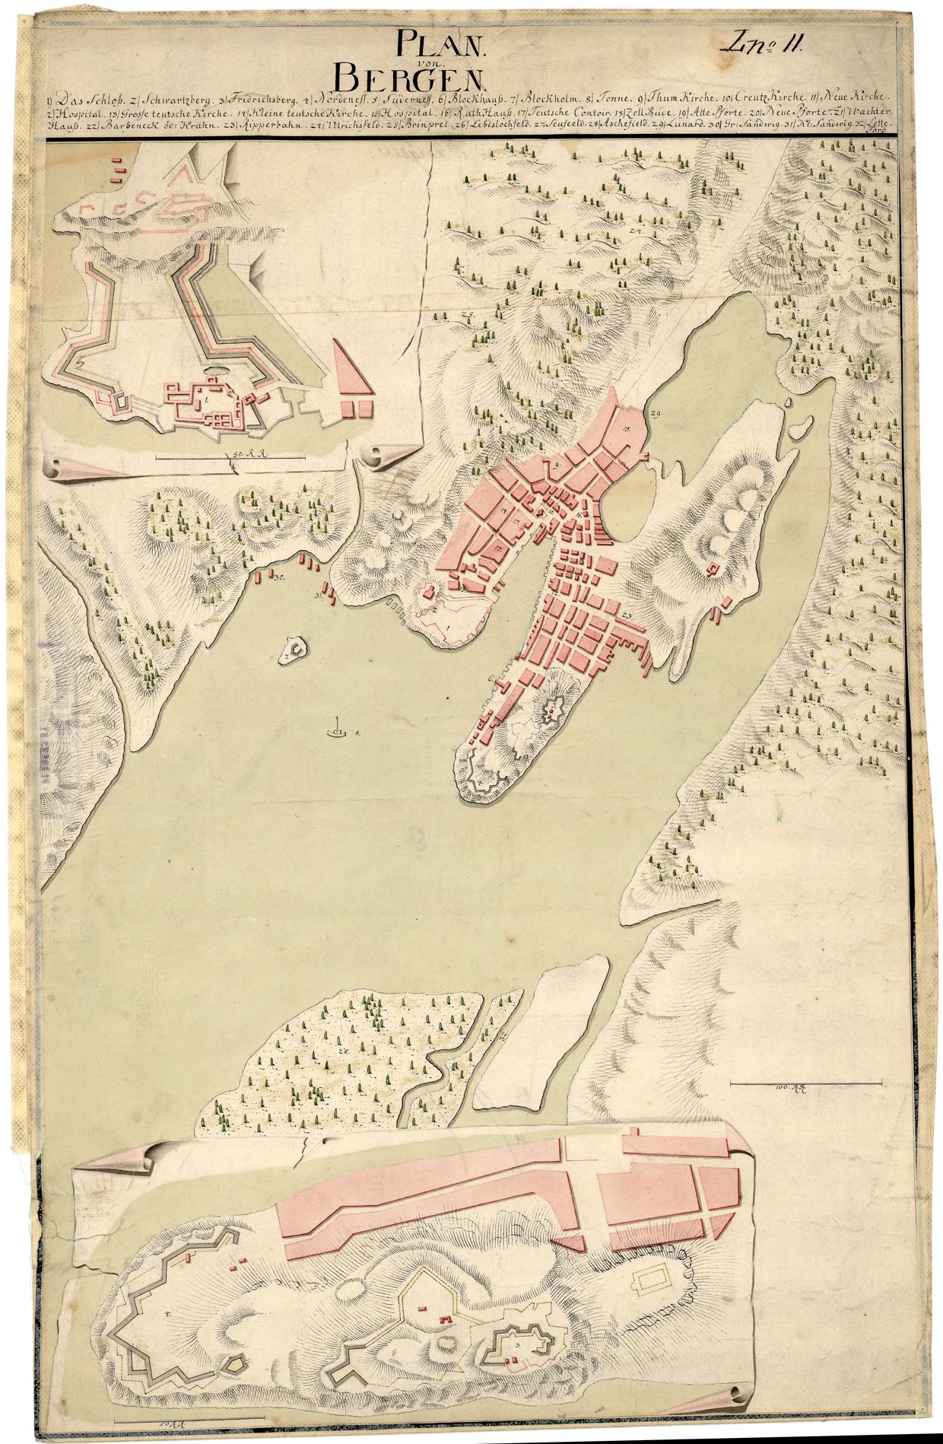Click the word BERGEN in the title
[410, 75]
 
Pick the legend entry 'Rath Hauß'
[478, 112]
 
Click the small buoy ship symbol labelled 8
[335, 731]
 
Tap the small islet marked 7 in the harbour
[293, 650]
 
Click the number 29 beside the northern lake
[656, 412]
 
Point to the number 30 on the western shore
[279, 577]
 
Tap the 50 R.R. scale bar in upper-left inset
[230, 456]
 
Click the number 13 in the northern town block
[627, 430]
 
